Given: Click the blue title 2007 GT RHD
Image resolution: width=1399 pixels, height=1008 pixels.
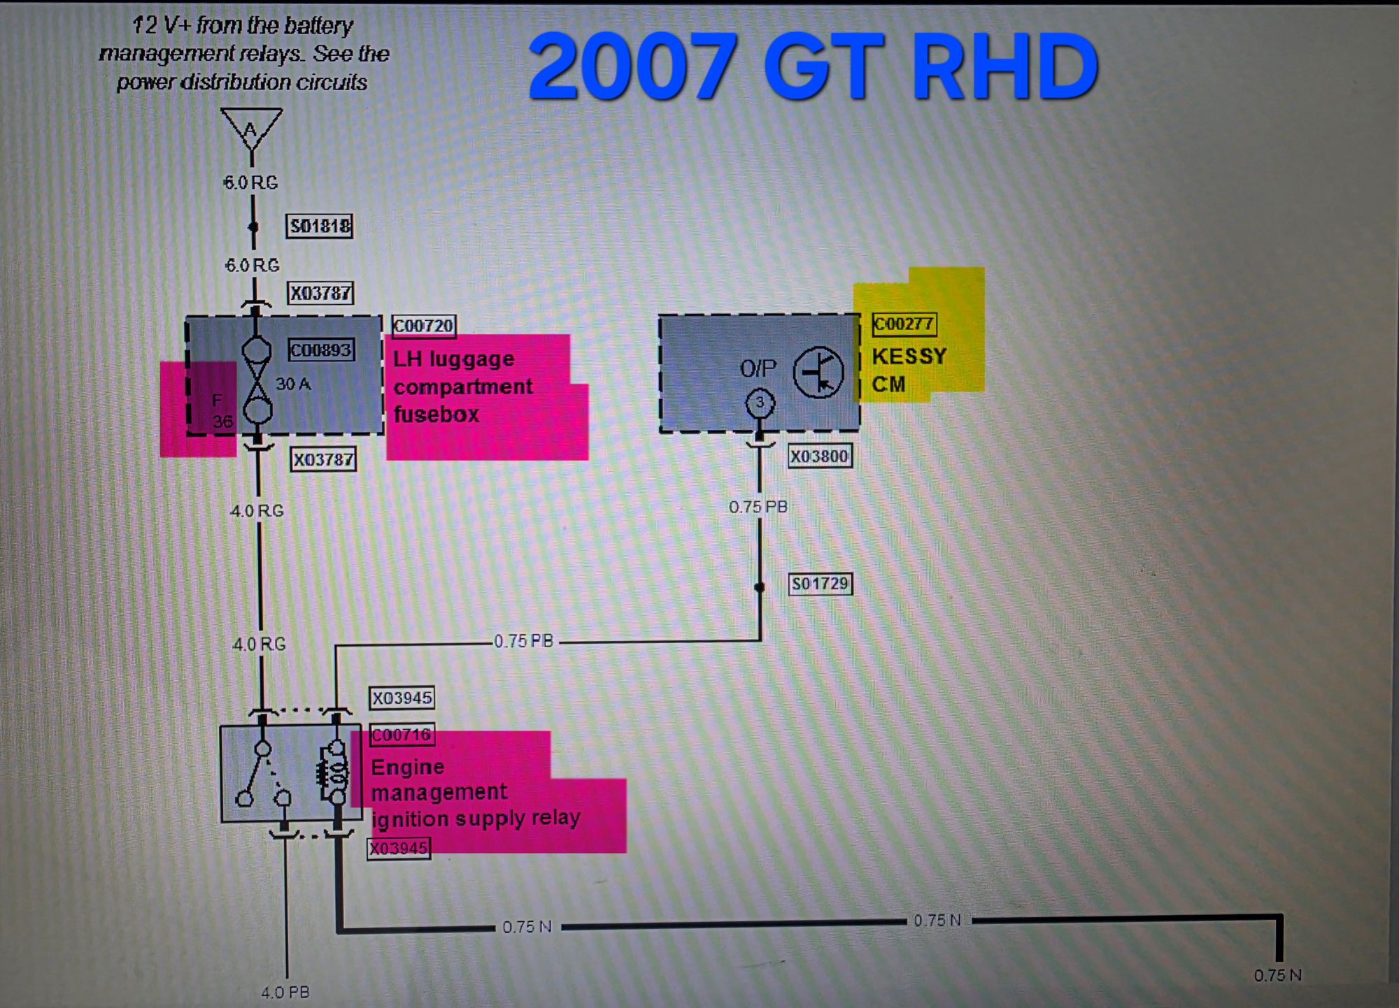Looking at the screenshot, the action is [813, 67].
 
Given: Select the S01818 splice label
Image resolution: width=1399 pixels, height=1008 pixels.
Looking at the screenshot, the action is [320, 226].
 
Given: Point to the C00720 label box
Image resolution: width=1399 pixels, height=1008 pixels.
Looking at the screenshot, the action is [423, 326].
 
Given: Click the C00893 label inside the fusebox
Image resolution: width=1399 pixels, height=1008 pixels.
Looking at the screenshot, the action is [321, 350].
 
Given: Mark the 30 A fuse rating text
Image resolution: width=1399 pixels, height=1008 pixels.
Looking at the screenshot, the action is [293, 384].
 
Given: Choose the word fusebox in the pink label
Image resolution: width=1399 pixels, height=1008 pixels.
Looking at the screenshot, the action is [436, 415].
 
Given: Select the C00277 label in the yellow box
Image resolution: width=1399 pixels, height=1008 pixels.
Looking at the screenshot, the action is [904, 324].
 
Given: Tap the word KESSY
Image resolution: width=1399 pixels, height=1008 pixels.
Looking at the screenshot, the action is [909, 357].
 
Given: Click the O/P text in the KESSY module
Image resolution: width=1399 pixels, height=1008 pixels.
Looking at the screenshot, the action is [758, 368].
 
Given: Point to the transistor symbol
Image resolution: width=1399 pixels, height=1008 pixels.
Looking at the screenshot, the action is [818, 372].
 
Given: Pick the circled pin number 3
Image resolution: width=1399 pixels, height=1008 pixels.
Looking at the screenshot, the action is [760, 403].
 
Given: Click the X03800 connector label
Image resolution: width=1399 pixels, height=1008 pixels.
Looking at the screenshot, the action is [819, 456].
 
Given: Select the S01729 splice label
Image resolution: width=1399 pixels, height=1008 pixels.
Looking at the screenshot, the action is [820, 584].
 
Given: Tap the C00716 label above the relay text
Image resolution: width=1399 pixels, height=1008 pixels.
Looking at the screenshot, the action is [402, 735].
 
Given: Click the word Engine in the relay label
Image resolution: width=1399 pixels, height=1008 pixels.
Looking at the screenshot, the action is [407, 768].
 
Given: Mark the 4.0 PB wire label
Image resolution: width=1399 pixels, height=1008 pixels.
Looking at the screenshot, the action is [285, 992].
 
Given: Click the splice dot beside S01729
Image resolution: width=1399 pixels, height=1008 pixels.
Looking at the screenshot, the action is [760, 587].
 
